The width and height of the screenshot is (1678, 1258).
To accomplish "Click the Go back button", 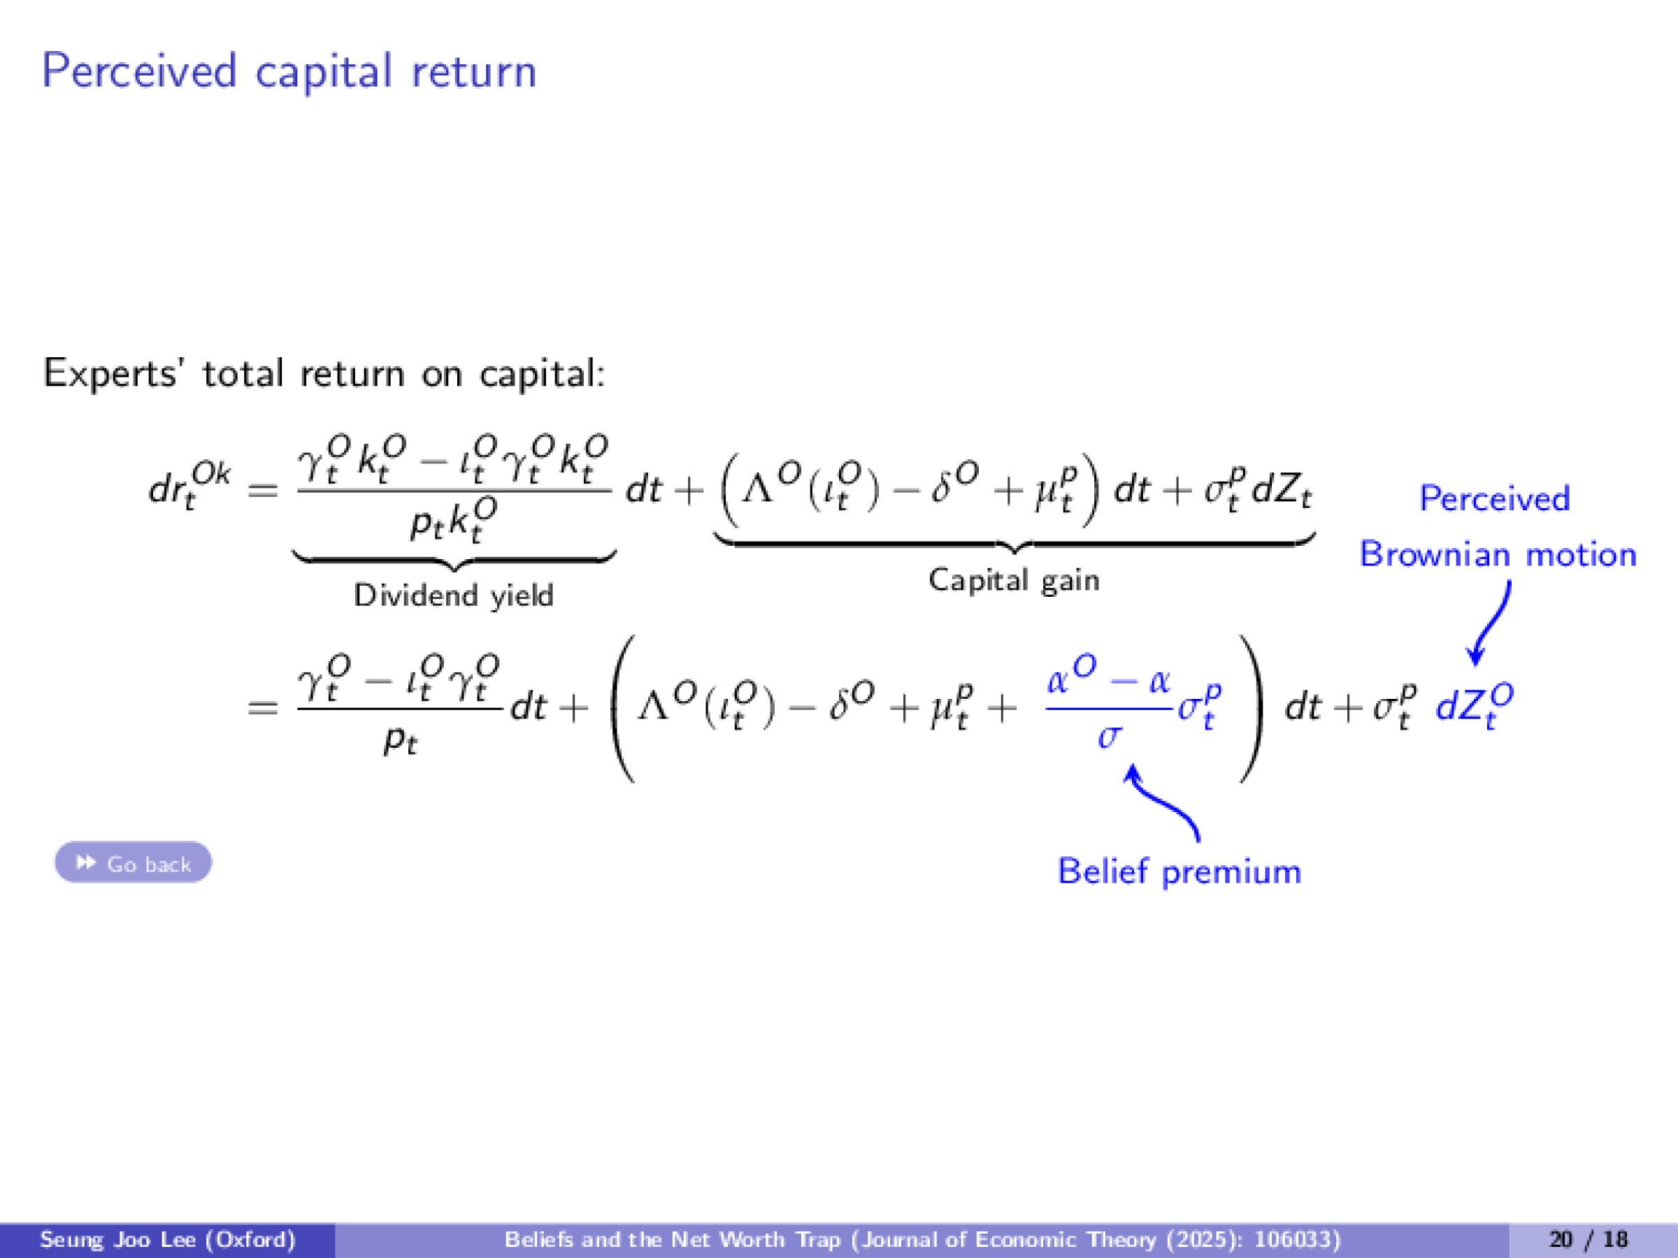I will (x=134, y=862).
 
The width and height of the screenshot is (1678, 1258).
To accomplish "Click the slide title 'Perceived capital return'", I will (x=289, y=71).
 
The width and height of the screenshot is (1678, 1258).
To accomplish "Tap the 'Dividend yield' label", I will (x=454, y=595).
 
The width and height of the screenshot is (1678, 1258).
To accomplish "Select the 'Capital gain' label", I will (x=1014, y=580).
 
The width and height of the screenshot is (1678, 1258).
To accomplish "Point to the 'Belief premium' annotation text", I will (x=1179, y=872).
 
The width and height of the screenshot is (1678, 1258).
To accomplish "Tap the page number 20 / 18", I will (x=1589, y=1239).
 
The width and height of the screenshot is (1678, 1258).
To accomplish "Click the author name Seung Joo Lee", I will (x=167, y=1239).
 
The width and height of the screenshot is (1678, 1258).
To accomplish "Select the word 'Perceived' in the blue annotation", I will (x=1494, y=498).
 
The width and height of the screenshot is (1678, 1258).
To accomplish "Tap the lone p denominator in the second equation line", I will (x=400, y=739).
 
